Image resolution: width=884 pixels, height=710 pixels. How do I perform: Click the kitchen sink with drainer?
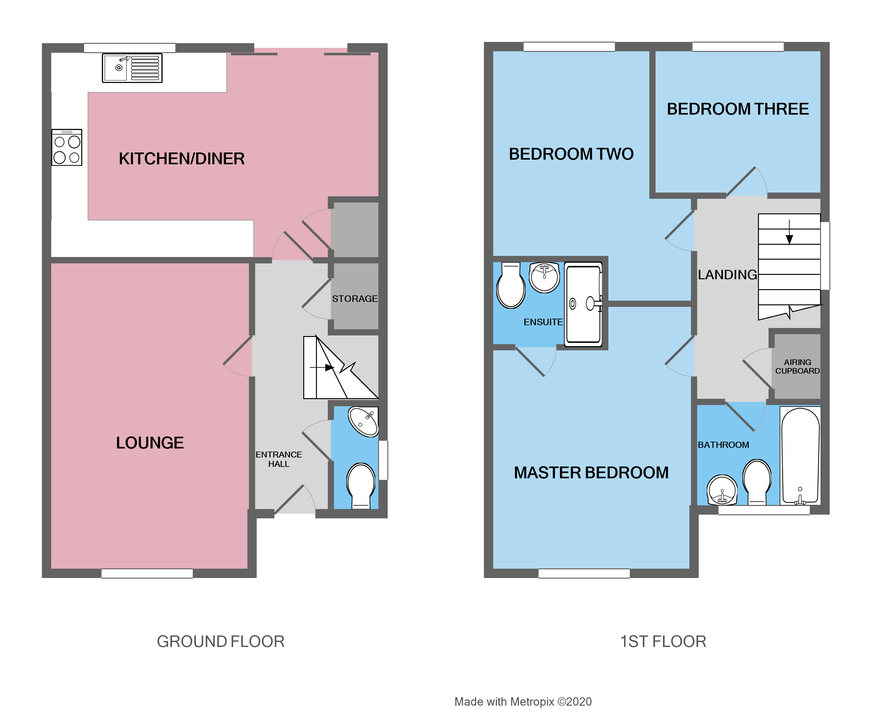pos(132,68)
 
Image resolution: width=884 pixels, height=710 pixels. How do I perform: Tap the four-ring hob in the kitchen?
pos(67,148)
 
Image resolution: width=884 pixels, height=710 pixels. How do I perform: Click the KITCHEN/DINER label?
pos(182,159)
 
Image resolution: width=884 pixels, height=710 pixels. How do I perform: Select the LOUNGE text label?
pos(150,443)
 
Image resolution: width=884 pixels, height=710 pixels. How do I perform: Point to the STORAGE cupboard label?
pos(355,298)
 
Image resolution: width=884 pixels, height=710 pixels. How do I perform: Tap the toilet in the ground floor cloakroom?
pos(361,485)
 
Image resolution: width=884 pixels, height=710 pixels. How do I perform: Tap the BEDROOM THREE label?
pos(737,109)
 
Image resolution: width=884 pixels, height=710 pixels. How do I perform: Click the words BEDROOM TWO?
pos(571,154)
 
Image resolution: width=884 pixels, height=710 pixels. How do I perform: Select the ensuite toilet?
pos(511,286)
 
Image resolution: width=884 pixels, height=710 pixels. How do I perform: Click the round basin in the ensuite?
pos(544,277)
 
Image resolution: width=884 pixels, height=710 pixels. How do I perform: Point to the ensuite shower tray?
pos(583,304)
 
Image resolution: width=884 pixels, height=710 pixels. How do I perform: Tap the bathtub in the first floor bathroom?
pos(800,455)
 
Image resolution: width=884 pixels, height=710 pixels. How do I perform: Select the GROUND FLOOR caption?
pos(221,641)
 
